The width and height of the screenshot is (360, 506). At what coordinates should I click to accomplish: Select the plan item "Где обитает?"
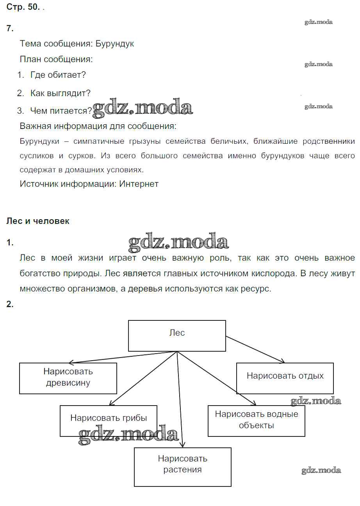click(x=58, y=75)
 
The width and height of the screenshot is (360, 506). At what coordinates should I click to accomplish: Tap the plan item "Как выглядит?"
click(x=60, y=93)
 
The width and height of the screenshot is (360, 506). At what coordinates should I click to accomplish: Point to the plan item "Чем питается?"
click(x=61, y=111)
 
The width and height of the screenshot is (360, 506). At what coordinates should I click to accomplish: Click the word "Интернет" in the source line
click(x=139, y=184)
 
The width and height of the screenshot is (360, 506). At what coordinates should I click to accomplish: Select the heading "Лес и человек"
click(x=38, y=221)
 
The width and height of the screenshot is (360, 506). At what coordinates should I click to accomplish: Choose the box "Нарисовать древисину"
click(x=68, y=378)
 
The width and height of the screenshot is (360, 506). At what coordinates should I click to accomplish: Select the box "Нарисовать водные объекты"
click(x=256, y=420)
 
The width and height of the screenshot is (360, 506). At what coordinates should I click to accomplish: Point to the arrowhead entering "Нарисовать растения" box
click(x=182, y=445)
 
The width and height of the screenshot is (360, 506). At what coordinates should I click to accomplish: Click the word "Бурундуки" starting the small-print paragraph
click(x=39, y=141)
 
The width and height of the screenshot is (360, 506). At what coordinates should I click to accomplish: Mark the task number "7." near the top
click(x=10, y=28)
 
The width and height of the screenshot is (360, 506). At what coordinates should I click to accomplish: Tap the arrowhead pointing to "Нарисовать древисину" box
click(x=70, y=362)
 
